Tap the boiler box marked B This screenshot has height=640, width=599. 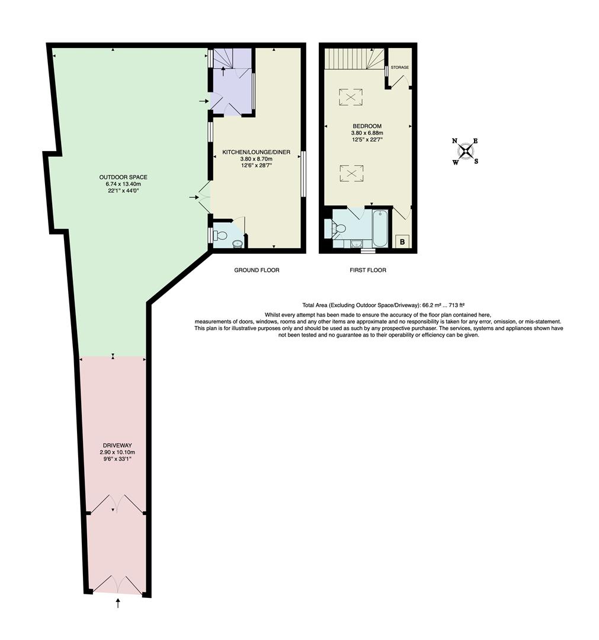pos(402,241)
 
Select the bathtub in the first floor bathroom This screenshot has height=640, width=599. pos(380,229)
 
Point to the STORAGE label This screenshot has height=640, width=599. pos(399,68)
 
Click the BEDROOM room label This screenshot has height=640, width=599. pos(367,126)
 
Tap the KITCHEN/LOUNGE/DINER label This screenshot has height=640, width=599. pos(256,152)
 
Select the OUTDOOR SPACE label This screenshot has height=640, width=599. pos(123,177)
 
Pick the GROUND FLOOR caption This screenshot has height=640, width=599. pos(256,270)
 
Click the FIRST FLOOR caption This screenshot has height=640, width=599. pos(368,270)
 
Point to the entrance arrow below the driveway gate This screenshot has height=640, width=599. pos(118,603)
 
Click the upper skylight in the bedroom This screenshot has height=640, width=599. pos(351,96)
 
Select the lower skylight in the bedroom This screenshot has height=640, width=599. pos(351,173)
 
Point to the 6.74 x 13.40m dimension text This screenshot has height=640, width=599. pos(123,184)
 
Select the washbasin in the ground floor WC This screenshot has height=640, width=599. pos(237,243)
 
